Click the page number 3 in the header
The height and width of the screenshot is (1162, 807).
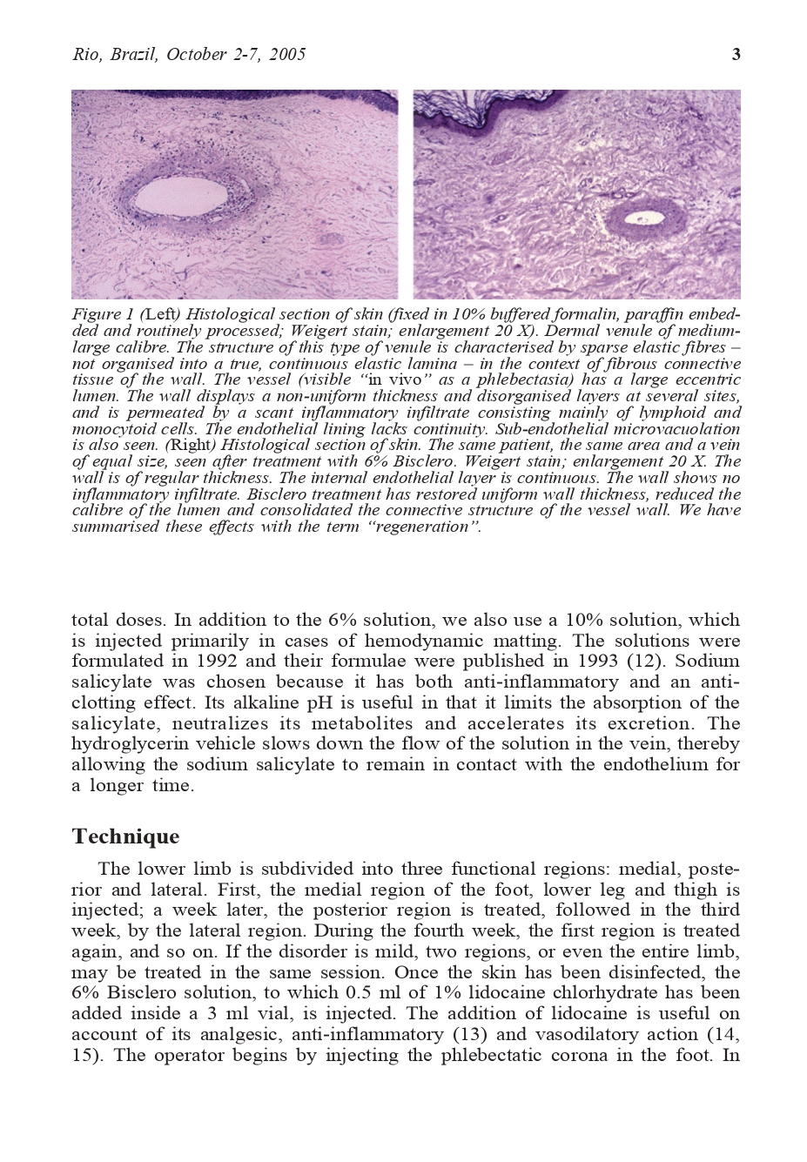[736, 55]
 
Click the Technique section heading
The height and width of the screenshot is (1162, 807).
[125, 837]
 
